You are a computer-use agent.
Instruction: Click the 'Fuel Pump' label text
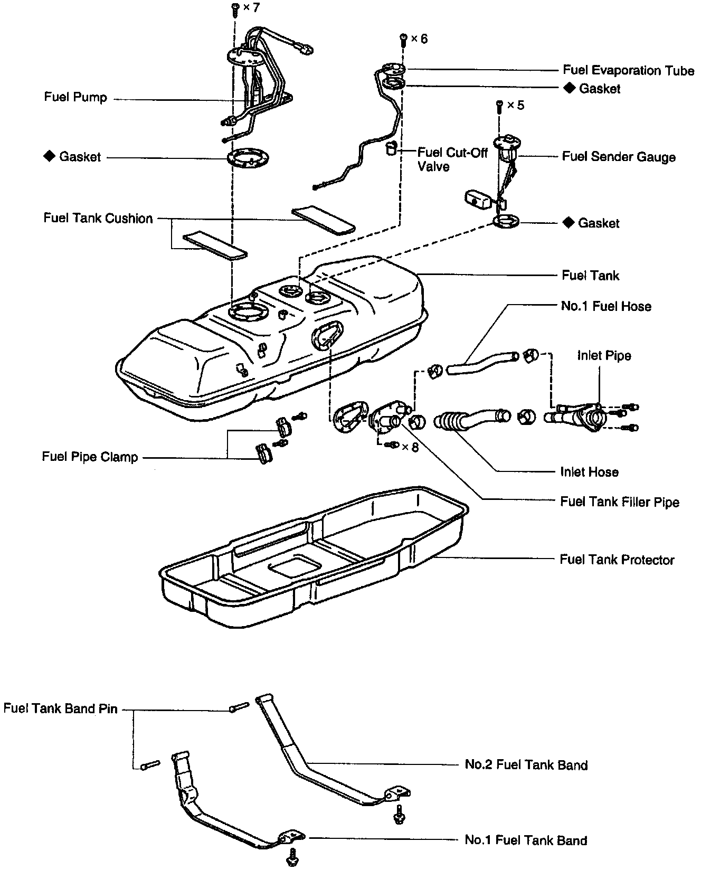[75, 97]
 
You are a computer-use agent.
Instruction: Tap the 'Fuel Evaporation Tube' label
[628, 70]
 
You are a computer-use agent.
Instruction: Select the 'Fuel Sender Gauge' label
[619, 157]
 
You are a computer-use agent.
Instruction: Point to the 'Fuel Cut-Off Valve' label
[452, 159]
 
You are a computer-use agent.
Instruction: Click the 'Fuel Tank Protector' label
[617, 560]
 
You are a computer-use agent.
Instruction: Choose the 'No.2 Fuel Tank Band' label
[526, 765]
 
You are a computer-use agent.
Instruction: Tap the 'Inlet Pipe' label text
[604, 355]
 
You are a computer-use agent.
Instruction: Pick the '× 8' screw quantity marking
[410, 447]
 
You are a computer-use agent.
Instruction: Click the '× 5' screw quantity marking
[515, 105]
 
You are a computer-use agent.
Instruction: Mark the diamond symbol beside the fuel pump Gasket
[49, 156]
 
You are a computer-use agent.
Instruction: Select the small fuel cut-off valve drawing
[390, 148]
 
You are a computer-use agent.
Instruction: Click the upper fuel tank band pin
[239, 707]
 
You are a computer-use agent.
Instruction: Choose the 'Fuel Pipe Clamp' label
[90, 457]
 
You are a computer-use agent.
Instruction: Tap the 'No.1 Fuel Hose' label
[606, 306]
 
